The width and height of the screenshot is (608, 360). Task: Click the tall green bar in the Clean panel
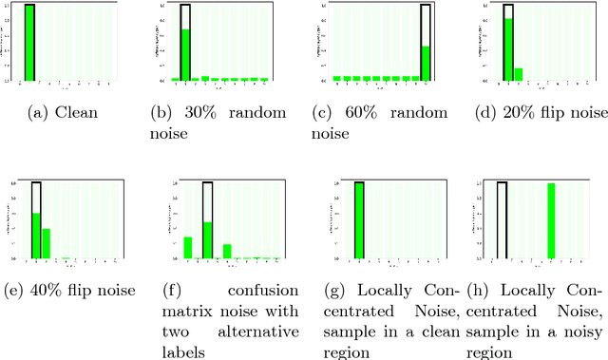tap(29, 43)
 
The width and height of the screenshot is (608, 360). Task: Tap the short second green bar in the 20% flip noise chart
tap(518, 74)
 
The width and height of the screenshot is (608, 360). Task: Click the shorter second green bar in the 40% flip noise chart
tap(46, 244)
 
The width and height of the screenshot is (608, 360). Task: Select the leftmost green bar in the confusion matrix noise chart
tap(188, 248)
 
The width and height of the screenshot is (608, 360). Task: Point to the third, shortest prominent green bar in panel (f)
tap(227, 252)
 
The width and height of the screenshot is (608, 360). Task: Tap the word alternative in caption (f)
tap(257, 332)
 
